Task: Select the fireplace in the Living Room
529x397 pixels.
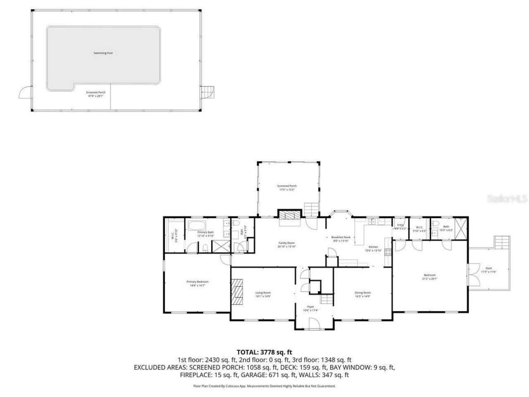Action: click(237, 292)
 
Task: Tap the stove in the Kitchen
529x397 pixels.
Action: click(388, 251)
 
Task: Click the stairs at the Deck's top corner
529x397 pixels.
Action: click(502, 242)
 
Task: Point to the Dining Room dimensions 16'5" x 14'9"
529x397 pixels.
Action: click(362, 296)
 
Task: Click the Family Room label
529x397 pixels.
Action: click(286, 243)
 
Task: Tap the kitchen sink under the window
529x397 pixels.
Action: click(372, 222)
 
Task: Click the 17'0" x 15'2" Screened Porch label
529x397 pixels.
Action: click(286, 188)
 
